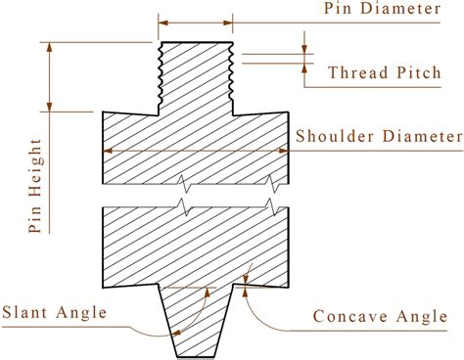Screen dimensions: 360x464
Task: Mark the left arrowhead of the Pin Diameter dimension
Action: click(x=163, y=20)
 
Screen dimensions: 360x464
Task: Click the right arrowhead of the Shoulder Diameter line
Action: click(x=288, y=150)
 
